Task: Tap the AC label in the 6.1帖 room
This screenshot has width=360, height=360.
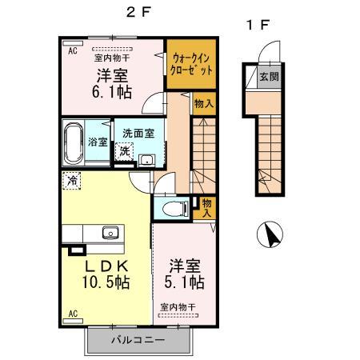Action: (x=72, y=51)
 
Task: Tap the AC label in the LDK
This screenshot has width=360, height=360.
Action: (x=72, y=313)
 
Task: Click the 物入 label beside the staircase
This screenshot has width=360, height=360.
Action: (x=203, y=103)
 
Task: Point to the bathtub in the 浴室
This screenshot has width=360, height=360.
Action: (x=74, y=142)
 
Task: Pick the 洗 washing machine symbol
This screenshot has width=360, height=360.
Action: (x=124, y=150)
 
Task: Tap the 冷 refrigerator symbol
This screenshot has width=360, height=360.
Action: (x=73, y=181)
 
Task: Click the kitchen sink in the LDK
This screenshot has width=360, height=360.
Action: (x=110, y=234)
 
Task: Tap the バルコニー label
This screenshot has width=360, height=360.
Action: (x=137, y=339)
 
